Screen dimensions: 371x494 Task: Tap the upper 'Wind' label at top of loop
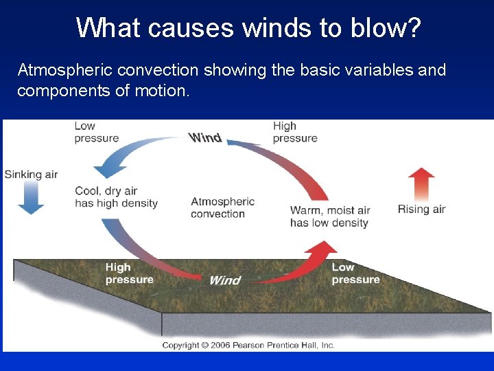(205, 137)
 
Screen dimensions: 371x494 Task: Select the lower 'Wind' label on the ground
(224, 280)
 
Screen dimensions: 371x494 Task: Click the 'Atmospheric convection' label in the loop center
(222, 207)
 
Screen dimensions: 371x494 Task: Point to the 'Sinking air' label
(31, 175)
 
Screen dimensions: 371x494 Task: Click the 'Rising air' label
(421, 210)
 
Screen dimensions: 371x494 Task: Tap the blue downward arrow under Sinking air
(30, 199)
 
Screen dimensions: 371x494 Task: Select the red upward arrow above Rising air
(421, 184)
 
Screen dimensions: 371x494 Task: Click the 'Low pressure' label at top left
(96, 132)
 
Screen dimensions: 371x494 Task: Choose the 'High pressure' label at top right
(295, 132)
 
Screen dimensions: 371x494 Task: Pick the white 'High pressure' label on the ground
(129, 273)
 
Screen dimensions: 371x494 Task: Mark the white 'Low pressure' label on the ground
(355, 273)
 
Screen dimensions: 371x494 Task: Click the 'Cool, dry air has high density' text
(116, 197)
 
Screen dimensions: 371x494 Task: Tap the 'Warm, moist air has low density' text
(330, 216)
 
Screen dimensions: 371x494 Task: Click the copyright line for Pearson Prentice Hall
(248, 345)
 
